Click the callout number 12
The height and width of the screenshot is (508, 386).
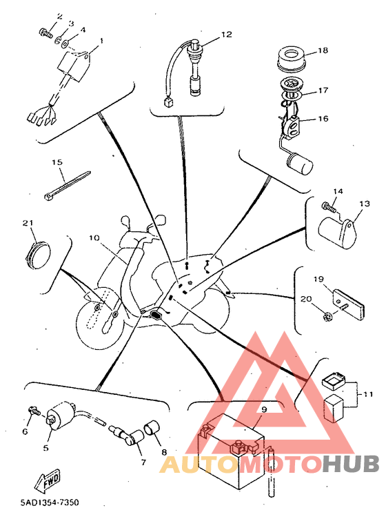227,34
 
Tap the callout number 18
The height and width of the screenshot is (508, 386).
323,50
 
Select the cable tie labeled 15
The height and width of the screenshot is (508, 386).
67,185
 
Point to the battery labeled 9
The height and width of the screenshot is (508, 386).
232,450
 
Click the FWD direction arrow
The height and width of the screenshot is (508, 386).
48,480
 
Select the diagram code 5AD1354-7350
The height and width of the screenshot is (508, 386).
50,502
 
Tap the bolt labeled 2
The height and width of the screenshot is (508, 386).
45,32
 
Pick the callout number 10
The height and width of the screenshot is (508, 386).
94,238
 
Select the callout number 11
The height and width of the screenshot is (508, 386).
368,395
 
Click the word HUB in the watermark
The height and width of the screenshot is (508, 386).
350,464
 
